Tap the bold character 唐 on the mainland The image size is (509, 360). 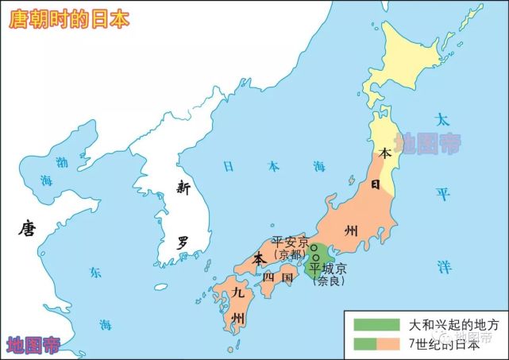(x=28, y=230)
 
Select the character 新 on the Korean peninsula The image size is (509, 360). (x=183, y=188)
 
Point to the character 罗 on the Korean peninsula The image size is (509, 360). (x=183, y=242)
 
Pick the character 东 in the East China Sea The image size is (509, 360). (x=94, y=273)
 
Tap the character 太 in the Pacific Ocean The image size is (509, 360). (x=442, y=120)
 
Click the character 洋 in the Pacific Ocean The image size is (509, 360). (x=442, y=265)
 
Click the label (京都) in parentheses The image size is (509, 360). (x=287, y=254)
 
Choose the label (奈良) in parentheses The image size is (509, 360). (x=330, y=280)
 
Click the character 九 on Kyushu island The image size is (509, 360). (x=237, y=292)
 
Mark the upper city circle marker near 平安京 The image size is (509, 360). (x=314, y=248)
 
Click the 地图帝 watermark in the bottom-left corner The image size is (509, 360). (x=33, y=344)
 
